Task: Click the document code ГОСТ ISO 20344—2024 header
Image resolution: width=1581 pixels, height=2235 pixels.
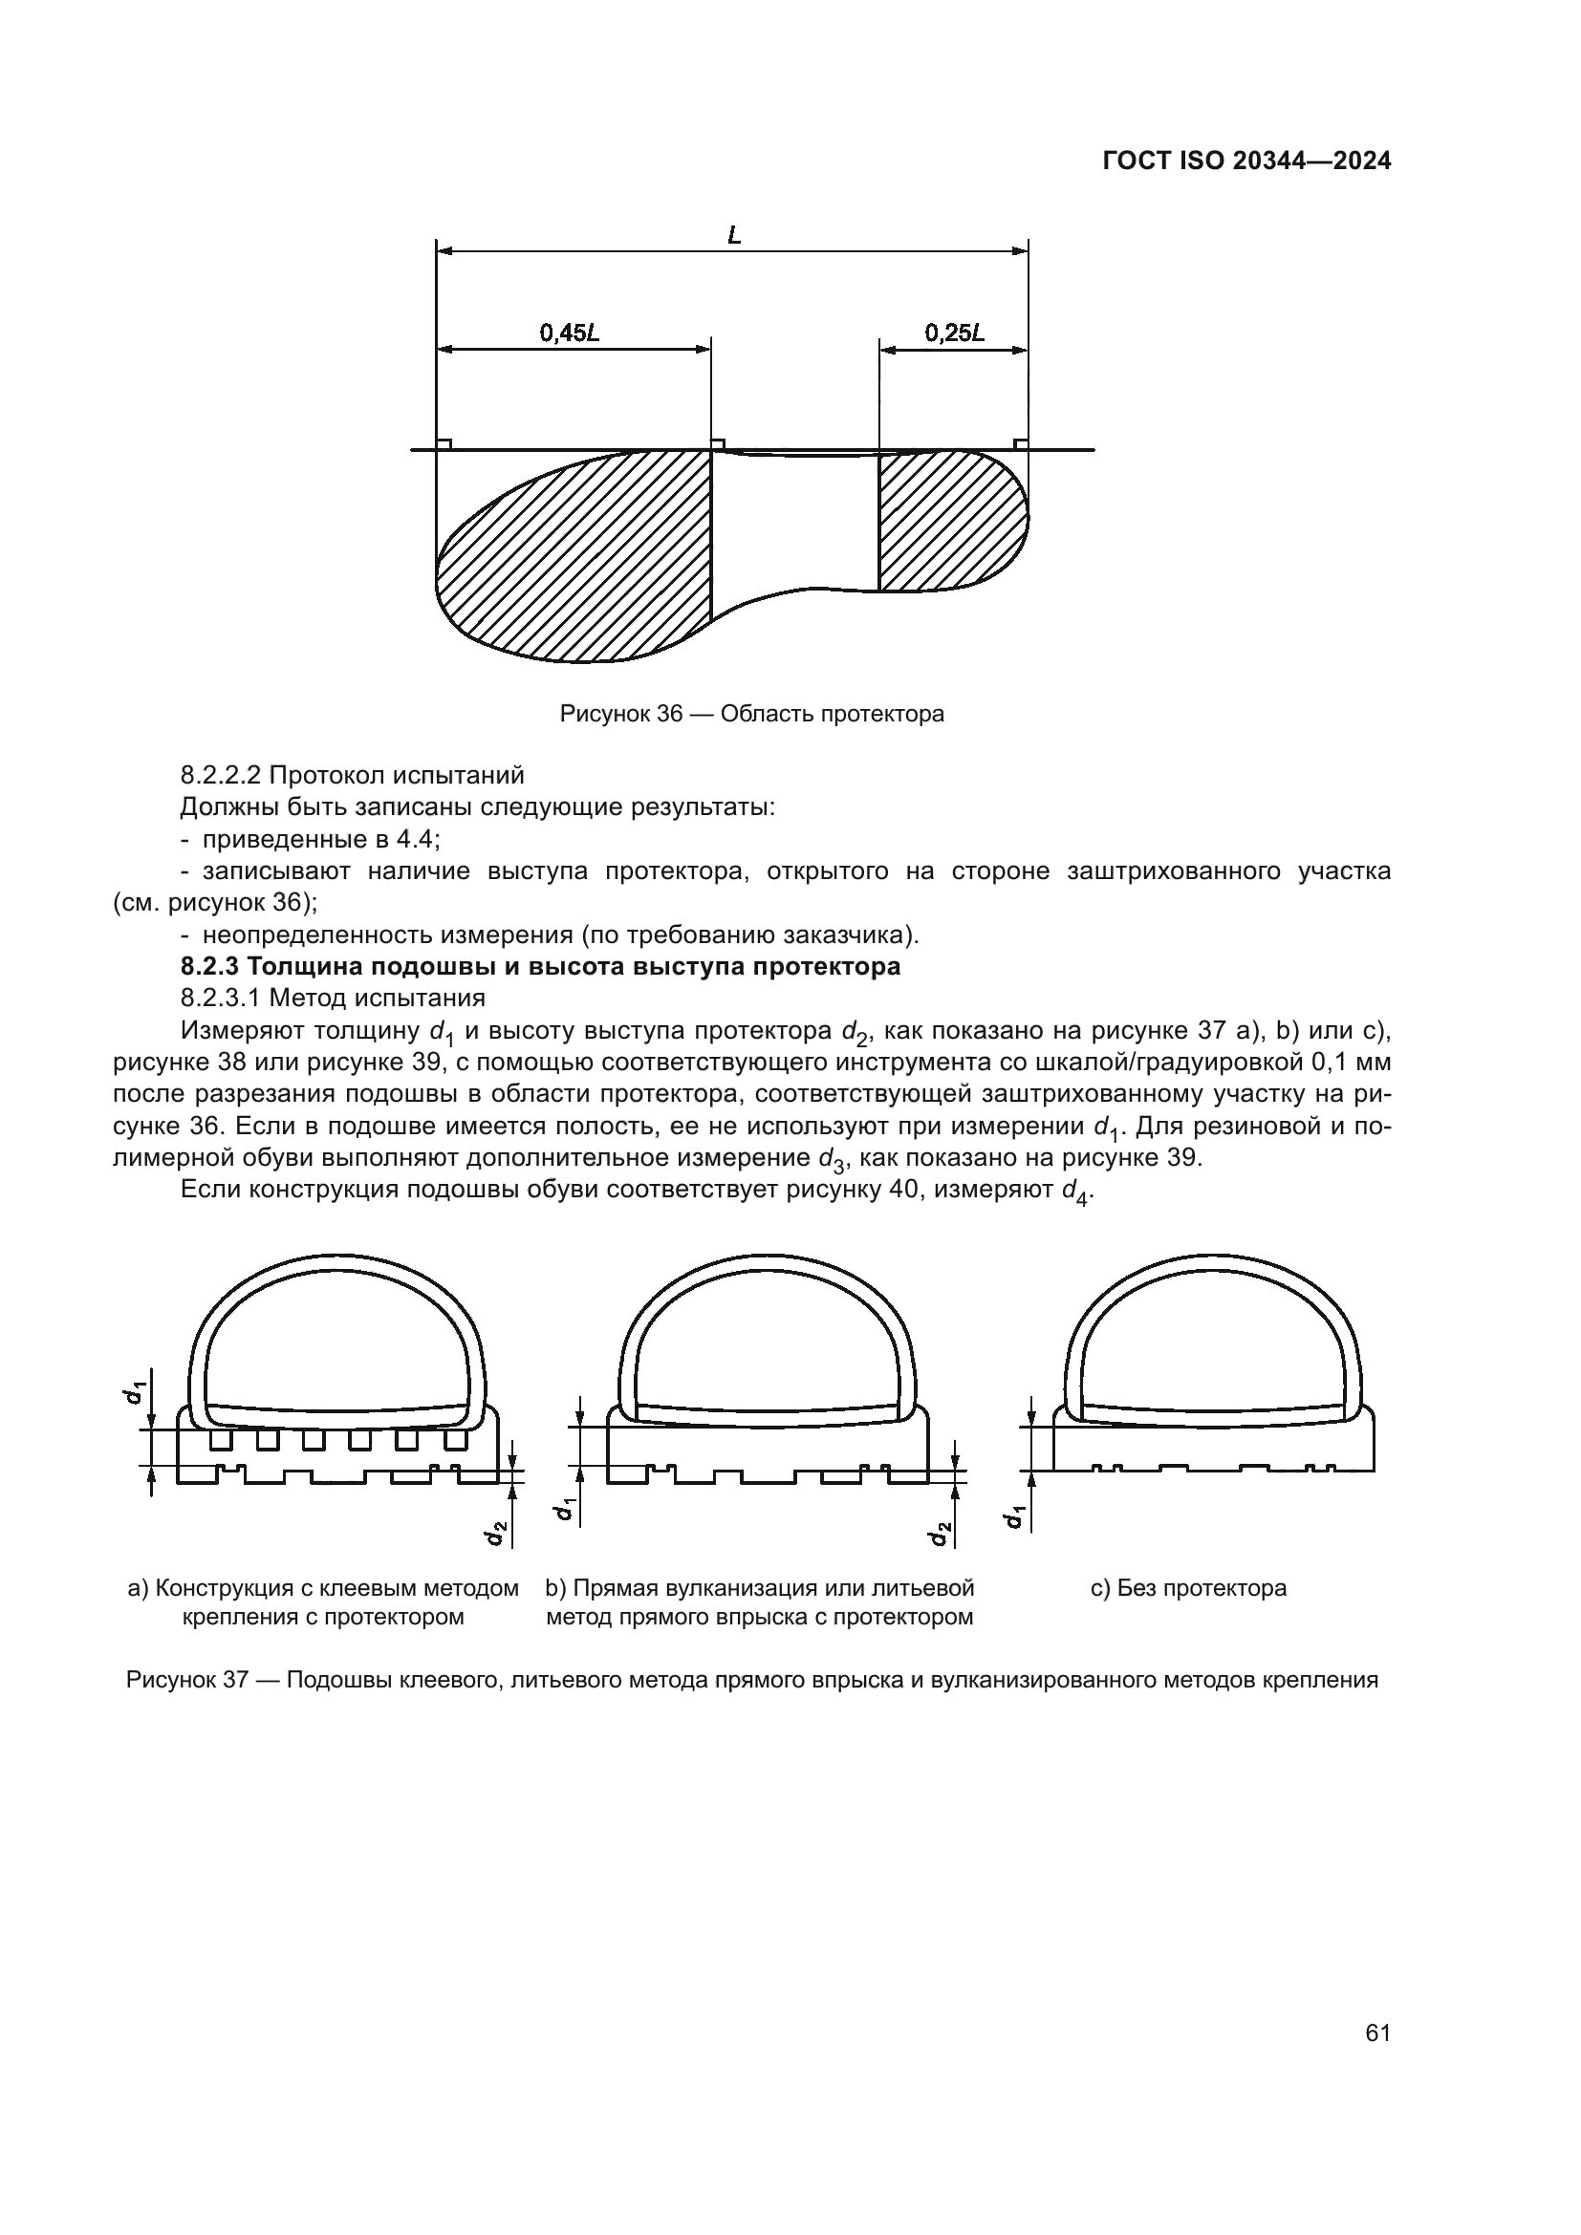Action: tap(1246, 161)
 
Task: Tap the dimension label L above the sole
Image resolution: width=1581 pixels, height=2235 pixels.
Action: tap(734, 235)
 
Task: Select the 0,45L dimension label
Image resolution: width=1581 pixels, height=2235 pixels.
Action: tap(570, 333)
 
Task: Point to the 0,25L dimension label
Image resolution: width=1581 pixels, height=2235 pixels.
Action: tap(954, 333)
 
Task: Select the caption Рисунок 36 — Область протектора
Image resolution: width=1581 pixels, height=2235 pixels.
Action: tap(751, 714)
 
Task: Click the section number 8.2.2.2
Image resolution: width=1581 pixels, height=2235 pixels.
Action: tap(220, 776)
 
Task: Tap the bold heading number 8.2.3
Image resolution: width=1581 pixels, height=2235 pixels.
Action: tap(209, 967)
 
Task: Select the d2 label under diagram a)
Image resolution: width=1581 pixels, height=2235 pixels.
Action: tap(495, 1532)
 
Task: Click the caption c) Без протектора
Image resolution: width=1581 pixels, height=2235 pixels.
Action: tap(1189, 1589)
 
